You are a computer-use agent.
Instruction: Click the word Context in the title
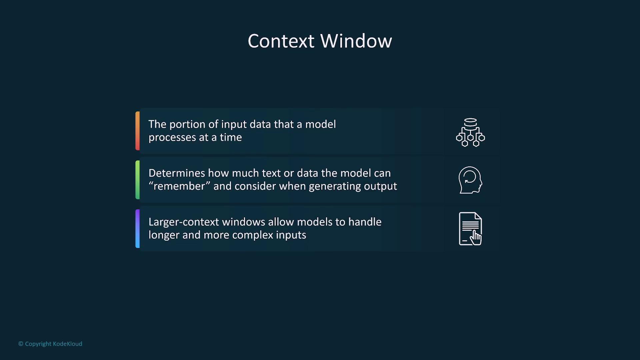tap(281, 41)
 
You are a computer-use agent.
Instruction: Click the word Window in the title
tap(356, 41)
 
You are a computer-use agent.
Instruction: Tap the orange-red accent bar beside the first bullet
tap(137, 131)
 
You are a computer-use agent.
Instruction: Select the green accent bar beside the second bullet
tap(137, 180)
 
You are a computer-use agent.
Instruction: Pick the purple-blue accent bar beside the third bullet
tap(137, 229)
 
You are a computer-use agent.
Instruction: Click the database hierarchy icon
tap(470, 132)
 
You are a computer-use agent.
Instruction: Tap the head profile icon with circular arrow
tap(470, 180)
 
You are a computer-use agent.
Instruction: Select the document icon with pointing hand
tap(470, 229)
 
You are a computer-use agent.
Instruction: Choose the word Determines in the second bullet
tap(177, 173)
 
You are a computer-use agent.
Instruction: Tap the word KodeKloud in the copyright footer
tap(68, 344)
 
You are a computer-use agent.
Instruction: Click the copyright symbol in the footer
tap(21, 344)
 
